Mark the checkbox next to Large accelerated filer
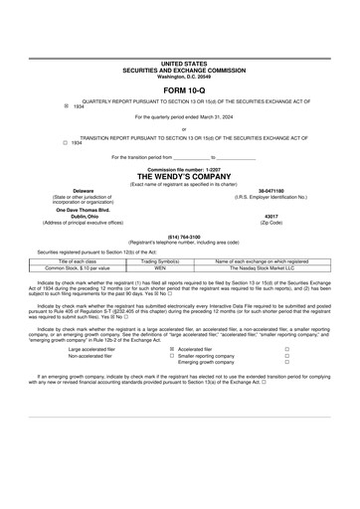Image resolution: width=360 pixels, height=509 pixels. [x=173, y=350]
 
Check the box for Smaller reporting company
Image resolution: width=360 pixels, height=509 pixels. [x=286, y=357]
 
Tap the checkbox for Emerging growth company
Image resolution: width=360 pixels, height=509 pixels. [x=286, y=364]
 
